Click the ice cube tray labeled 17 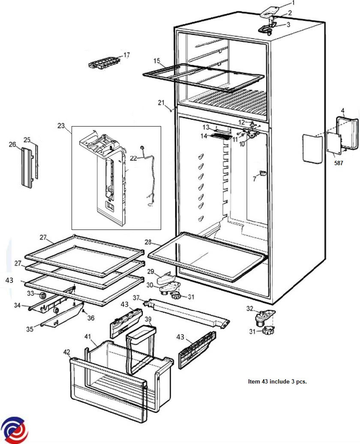(103, 64)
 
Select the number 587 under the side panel (339, 163)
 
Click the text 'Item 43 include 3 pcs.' (277, 381)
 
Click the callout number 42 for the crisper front (66, 352)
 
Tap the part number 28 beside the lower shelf (148, 242)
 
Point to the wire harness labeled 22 (148, 180)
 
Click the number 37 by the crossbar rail (136, 298)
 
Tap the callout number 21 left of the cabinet (161, 102)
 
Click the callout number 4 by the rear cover (342, 111)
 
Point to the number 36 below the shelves (90, 318)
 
